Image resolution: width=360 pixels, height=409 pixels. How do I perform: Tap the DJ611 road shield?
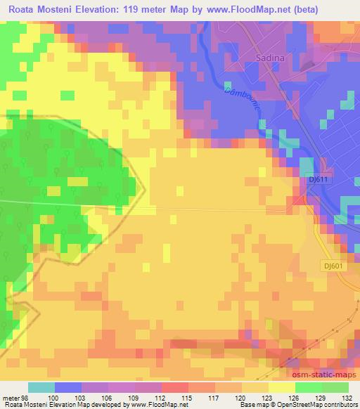coord(319,180)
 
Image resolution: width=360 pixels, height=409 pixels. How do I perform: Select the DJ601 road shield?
coord(337,265)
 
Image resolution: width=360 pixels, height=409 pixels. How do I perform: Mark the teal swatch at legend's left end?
coord(41,388)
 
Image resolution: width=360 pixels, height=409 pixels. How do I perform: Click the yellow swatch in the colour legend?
coord(282,388)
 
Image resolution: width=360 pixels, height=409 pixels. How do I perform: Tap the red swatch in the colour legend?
coord(175,388)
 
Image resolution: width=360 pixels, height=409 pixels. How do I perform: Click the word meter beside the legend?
coord(10,398)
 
